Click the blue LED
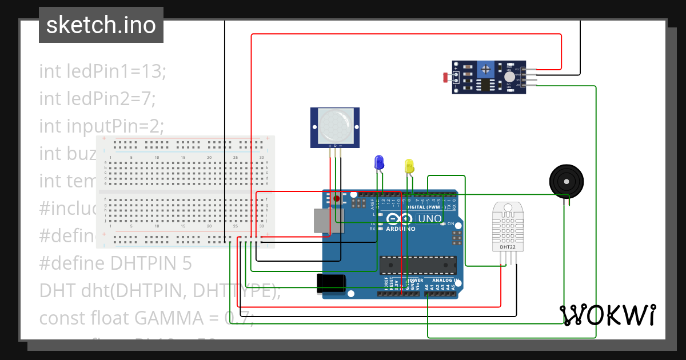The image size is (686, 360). click(378, 162)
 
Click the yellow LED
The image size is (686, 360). click(409, 166)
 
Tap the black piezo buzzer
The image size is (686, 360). click(567, 181)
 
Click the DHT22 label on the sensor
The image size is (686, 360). click(508, 247)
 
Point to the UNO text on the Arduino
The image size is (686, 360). click(430, 218)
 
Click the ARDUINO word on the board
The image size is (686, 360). click(401, 229)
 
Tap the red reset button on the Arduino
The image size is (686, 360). click(337, 198)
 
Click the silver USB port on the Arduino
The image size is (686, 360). click(329, 221)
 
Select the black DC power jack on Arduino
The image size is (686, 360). click(331, 283)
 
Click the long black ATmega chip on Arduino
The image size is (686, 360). click(418, 265)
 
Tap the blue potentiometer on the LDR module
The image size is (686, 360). click(486, 70)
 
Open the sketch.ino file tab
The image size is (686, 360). click(101, 25)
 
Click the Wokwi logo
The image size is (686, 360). click(607, 315)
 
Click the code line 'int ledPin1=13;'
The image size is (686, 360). click(102, 71)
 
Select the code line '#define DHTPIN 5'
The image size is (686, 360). click(115, 263)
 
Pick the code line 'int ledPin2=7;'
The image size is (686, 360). click(97, 99)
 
